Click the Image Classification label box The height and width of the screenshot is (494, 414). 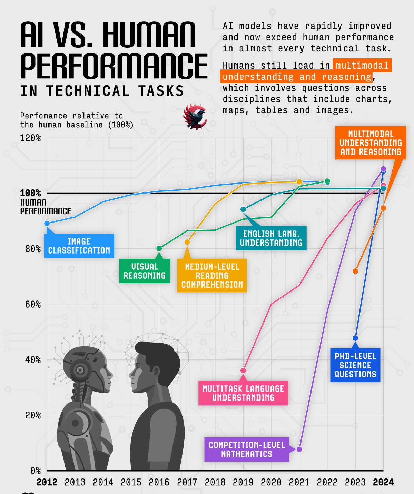click(79, 246)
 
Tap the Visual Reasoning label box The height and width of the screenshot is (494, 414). click(145, 271)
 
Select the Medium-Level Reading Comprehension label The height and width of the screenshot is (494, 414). click(212, 276)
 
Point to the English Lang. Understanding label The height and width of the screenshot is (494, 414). click(271, 238)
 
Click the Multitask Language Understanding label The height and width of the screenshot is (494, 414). click(243, 393)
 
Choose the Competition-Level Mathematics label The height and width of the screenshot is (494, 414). click(247, 449)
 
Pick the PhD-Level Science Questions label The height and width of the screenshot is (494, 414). click(355, 365)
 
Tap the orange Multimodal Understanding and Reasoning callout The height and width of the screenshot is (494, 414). click(371, 143)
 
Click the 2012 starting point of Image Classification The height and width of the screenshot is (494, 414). click(47, 224)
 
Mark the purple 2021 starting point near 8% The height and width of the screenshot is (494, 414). click(299, 449)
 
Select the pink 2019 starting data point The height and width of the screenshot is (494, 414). click(243, 370)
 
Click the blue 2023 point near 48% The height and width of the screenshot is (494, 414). click(355, 338)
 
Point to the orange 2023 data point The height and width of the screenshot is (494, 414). click(355, 271)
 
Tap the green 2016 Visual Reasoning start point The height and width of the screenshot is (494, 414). click(159, 248)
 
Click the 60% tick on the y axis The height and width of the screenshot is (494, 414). click(33, 304)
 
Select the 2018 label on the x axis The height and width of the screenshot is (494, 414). click(215, 482)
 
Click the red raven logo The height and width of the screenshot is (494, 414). click(195, 117)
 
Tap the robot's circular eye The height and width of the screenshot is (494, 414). click(80, 370)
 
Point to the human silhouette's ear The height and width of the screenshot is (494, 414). click(156, 372)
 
